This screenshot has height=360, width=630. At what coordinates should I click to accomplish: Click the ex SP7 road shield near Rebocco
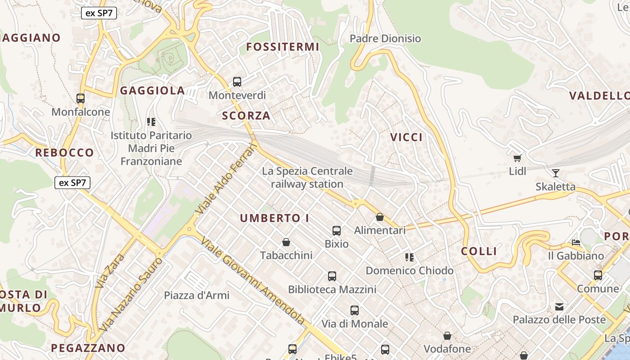pos(72,183)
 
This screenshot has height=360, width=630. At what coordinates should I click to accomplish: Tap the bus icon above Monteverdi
pos(237,82)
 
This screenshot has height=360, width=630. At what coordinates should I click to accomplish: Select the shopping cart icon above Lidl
pos(517,158)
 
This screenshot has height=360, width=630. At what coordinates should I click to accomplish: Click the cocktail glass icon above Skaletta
pos(556,173)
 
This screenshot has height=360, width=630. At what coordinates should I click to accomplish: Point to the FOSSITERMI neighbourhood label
pos(283,47)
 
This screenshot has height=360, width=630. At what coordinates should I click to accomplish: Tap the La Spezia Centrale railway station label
pos(307,177)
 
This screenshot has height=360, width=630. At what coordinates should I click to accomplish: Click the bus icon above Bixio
pos(336,231)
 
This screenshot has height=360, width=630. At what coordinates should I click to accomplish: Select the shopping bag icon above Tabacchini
pos(286,243)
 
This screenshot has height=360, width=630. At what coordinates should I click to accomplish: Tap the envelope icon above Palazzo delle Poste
pos(559,307)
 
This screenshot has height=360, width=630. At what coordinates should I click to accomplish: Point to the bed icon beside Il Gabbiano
pos(576,243)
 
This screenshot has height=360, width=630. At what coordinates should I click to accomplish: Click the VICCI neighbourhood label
pos(406,137)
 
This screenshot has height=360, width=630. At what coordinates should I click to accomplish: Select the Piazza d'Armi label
pos(197,295)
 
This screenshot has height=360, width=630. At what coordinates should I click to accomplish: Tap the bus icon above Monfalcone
pos(81,99)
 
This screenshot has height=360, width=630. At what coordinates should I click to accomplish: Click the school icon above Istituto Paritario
pos(151,122)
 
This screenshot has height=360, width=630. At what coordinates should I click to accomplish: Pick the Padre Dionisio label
pos(385,39)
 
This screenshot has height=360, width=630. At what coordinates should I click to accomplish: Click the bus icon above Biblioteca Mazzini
pos(332,276)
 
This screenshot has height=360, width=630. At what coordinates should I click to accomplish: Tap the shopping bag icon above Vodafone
pos(447,336)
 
